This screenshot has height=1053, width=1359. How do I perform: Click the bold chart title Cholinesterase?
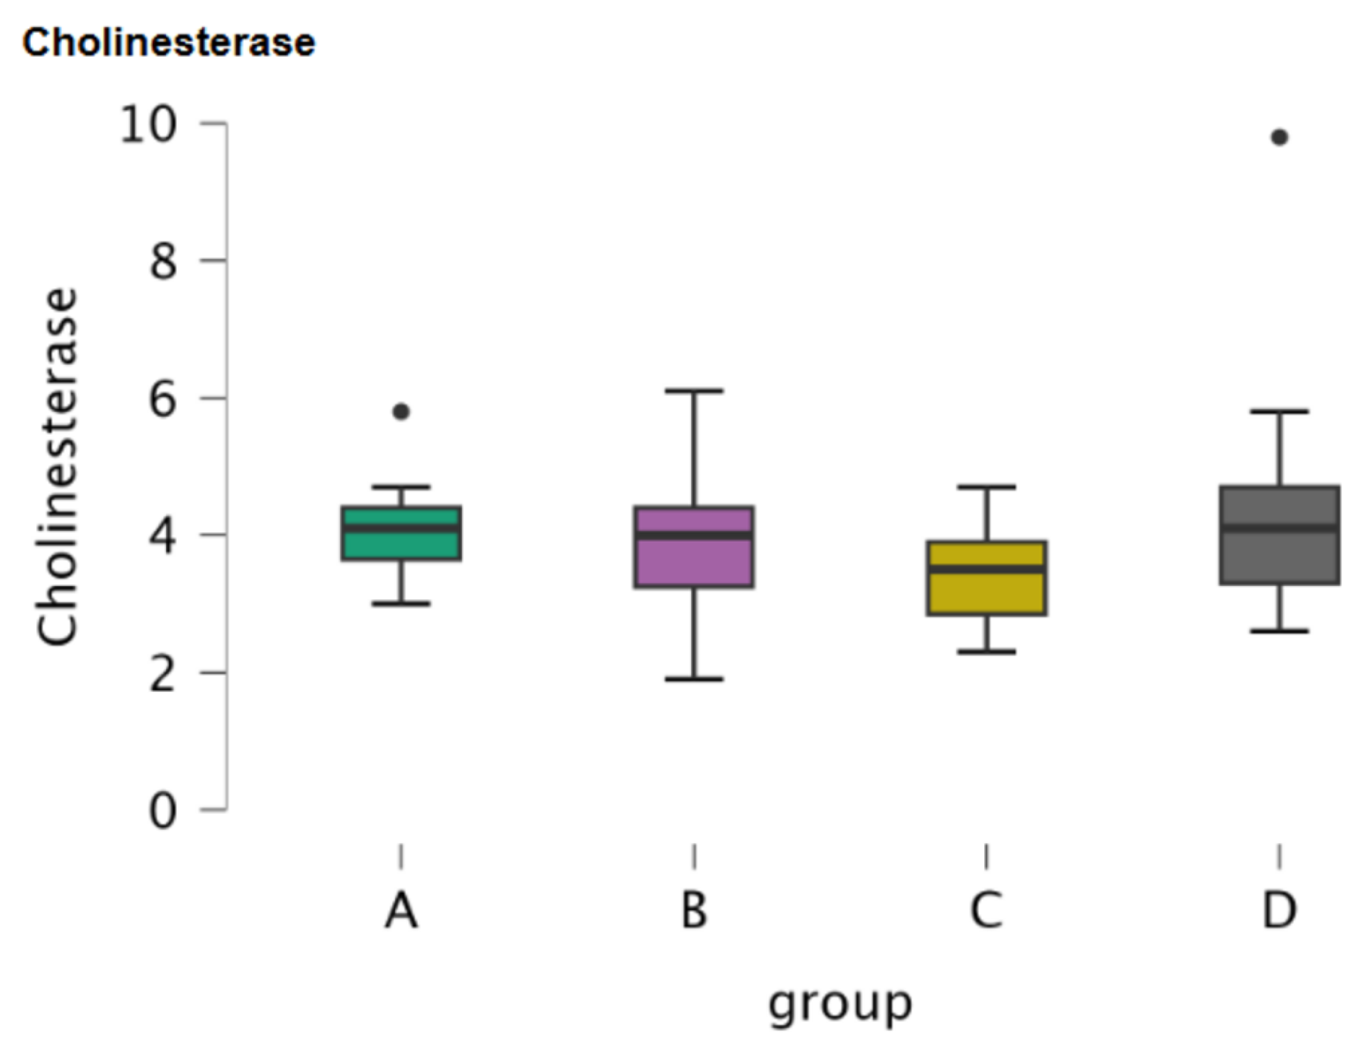click(169, 44)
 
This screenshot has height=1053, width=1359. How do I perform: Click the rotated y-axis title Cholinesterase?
click(57, 466)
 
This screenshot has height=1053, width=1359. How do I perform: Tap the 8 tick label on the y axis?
click(163, 262)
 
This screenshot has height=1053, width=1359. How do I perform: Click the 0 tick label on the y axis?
click(163, 811)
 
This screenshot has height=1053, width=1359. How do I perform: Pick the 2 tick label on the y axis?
click(163, 674)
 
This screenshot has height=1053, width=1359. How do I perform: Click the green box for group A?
click(401, 545)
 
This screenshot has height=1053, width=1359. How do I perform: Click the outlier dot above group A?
click(401, 412)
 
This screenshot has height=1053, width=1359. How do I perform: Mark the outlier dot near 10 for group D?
click(1279, 137)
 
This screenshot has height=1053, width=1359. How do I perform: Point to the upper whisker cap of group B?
click(695, 391)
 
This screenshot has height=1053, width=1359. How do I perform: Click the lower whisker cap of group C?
click(987, 652)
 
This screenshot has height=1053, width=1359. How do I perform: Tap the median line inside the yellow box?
click(987, 569)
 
